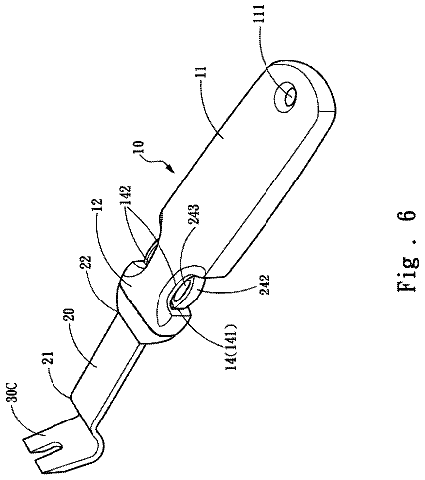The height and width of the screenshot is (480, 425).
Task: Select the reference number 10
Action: pos(139,148)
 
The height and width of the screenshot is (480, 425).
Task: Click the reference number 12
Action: pos(98,205)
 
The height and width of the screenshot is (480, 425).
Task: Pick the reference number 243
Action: pos(194,215)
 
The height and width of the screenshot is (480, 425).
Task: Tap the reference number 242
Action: pos(265,285)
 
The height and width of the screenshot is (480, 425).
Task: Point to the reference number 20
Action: pos(71,316)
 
